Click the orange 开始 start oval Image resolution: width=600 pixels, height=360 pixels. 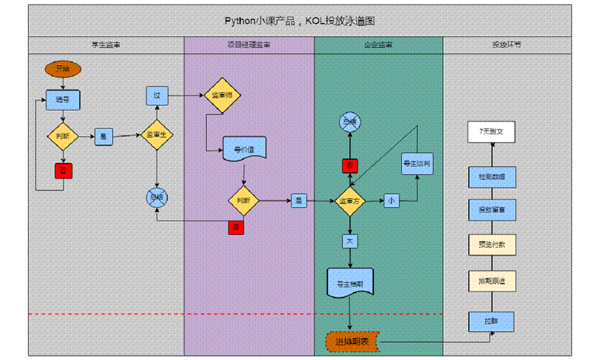click(63, 69)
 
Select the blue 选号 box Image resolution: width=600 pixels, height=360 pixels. click(63, 100)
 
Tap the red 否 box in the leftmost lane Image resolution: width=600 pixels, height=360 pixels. click(63, 171)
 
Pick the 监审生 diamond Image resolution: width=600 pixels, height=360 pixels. click(157, 134)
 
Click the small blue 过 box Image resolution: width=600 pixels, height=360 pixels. click(157, 95)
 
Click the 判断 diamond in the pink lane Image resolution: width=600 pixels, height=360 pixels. click(244, 200)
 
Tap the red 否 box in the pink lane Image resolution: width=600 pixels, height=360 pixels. click(236, 228)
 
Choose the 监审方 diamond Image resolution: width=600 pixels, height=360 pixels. click(350, 201)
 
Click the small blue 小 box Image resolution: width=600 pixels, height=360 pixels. click(391, 200)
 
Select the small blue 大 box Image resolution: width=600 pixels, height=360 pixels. click(350, 240)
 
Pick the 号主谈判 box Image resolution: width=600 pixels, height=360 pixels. click(416, 164)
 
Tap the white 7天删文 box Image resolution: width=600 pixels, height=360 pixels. click(492, 132)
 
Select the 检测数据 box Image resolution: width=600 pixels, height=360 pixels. click(492, 177)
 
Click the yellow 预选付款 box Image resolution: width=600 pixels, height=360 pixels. click(492, 245)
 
